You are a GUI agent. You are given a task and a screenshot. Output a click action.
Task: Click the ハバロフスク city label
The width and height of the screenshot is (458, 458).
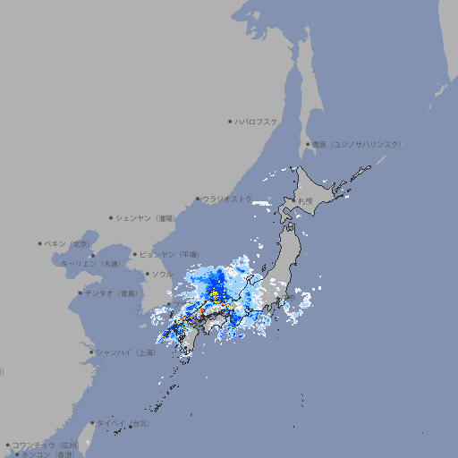click(257, 121)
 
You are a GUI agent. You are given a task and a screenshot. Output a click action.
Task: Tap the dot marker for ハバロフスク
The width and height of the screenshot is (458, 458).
click(230, 121)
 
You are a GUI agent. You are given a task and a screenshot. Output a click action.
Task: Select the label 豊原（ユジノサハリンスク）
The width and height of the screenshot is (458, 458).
click(357, 144)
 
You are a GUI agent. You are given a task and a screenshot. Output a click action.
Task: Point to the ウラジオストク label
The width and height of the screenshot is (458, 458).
click(227, 199)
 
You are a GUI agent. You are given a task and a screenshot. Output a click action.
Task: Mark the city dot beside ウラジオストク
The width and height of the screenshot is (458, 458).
click(198, 199)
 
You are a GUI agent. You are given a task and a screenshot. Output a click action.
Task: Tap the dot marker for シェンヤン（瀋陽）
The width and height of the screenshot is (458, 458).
click(111, 217)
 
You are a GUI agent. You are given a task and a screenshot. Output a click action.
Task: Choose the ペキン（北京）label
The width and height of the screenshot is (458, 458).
click(68, 243)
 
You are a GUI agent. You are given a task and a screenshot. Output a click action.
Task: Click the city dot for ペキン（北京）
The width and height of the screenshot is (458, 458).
click(40, 243)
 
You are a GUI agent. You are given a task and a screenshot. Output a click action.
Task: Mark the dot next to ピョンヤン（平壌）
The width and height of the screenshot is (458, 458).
click(136, 255)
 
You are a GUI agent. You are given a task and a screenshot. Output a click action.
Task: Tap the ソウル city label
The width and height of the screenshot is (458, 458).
click(162, 274)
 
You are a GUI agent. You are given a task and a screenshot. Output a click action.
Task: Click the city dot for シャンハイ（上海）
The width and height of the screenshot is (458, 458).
click(91, 352)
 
